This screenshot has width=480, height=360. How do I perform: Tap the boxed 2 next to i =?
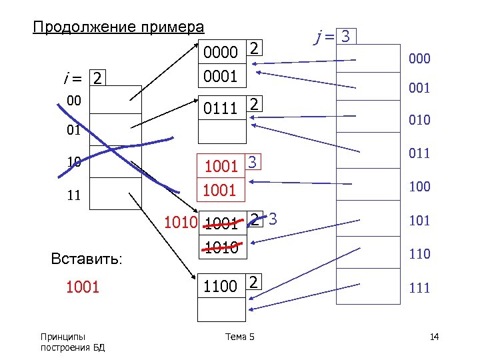97,79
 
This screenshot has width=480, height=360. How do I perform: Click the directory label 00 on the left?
74,99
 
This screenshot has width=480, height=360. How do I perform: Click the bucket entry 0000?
221,51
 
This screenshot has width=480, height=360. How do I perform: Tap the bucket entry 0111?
221,106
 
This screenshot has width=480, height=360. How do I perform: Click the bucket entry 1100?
221,286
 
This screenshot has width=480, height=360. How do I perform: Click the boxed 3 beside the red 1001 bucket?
252,161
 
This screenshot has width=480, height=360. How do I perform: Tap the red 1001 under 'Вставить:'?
81,287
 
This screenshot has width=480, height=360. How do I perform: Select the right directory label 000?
420,59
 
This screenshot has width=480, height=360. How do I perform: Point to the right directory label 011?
420,154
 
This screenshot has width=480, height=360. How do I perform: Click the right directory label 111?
420,288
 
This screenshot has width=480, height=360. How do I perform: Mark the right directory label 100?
420,187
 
